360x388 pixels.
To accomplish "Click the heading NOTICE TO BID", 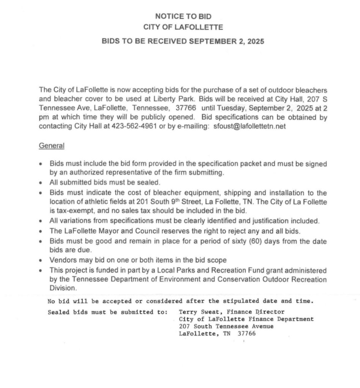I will click(x=183, y=16).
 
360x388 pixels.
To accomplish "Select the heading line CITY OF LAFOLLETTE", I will click(x=183, y=27).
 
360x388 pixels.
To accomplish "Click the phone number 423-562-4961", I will click(x=135, y=127).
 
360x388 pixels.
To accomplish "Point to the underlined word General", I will click(x=52, y=145).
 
